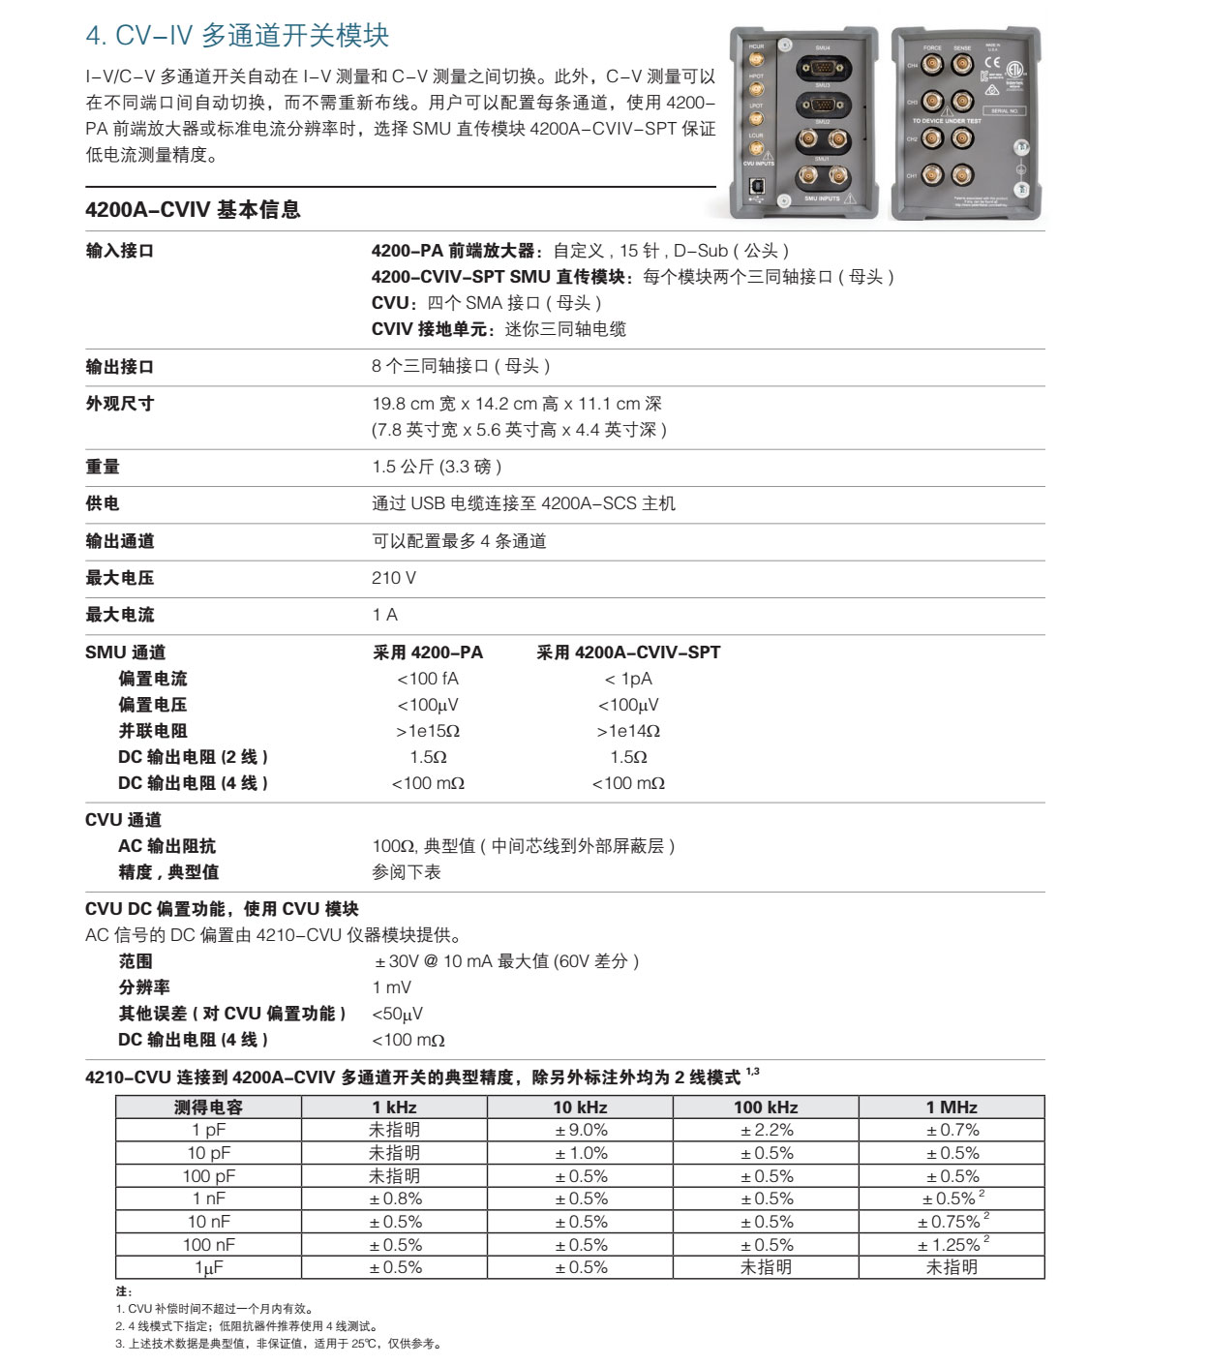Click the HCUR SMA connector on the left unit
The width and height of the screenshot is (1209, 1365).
point(755,60)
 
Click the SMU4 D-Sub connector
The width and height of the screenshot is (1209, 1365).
point(823,69)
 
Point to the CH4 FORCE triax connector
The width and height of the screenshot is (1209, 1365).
point(933,65)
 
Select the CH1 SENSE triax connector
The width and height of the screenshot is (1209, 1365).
point(961,175)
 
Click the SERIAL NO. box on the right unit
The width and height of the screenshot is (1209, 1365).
point(1005,110)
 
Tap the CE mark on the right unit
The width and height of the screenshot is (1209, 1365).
point(992,63)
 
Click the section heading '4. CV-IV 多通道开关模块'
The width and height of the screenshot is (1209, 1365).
point(237,36)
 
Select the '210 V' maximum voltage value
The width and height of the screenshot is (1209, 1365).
point(393,578)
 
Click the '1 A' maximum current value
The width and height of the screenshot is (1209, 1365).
point(384,615)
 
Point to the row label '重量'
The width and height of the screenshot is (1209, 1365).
point(103,467)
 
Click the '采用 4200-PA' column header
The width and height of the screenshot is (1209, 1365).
point(428,652)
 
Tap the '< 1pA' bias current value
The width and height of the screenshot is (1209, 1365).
point(628,679)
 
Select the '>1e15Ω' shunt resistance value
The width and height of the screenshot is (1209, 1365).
point(428,731)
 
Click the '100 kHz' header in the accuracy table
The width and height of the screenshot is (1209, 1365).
point(766,1107)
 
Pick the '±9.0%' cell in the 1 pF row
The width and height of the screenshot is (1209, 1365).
point(581,1130)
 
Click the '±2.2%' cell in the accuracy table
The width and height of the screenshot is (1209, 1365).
point(767,1130)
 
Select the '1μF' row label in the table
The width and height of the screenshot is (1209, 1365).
point(209,1267)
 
